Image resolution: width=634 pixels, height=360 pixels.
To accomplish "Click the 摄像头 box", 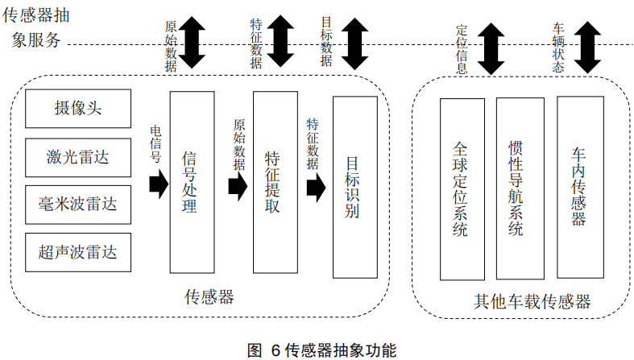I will [77, 109].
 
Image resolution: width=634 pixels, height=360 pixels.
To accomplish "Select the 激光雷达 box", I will [77, 156].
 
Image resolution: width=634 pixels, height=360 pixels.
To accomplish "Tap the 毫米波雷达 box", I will [77, 204].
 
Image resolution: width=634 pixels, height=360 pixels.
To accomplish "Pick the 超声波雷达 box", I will [77, 251].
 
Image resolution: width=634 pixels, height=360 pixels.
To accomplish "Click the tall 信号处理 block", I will [192, 183].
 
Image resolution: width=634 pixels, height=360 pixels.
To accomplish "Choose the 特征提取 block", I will [275, 183].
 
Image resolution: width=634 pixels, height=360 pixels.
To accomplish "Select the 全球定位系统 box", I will [462, 189].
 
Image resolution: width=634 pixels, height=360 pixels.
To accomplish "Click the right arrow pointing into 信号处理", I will [158, 184].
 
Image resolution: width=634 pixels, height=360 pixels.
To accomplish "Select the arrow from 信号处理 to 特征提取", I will [237, 187].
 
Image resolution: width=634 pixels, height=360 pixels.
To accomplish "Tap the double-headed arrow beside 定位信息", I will [490, 47].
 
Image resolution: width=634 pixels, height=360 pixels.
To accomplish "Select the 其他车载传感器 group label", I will [532, 302].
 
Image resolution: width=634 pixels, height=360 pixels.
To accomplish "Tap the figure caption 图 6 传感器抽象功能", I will [321, 350].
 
